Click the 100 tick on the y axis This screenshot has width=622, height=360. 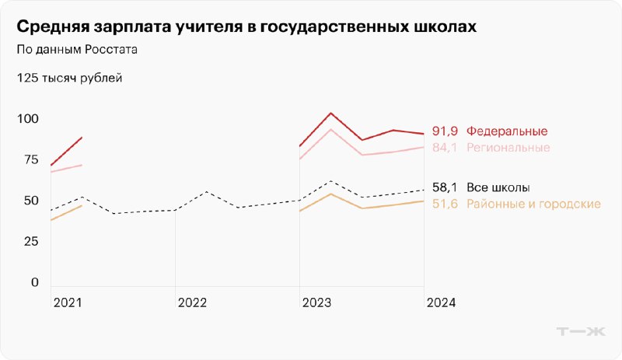tap(27, 119)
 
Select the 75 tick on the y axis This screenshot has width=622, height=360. tap(30, 159)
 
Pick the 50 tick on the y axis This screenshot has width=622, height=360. tap(30, 201)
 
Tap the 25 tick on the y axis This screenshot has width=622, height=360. tap(30, 241)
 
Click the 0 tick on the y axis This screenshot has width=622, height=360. tap(34, 282)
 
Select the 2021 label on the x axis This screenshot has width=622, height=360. tap(67, 302)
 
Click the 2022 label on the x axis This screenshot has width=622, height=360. tap(191, 302)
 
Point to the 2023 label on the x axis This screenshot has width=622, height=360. tap(316, 302)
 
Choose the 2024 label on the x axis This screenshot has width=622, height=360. tap(441, 302)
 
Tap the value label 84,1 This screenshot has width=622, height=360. tap(444, 148)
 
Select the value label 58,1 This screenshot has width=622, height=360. tap(444, 187)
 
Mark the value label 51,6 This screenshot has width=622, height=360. tap(444, 204)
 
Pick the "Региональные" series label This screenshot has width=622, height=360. tap(508, 148)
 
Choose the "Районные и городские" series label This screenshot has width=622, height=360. tap(533, 204)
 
